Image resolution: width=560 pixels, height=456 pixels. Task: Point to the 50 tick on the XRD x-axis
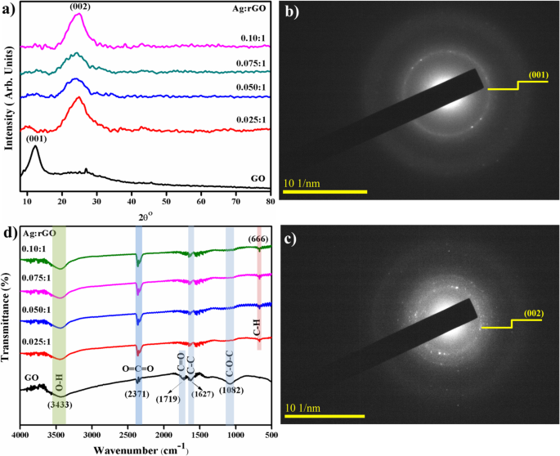point(166,199)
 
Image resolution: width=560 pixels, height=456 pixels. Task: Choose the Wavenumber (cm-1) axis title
point(146,449)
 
